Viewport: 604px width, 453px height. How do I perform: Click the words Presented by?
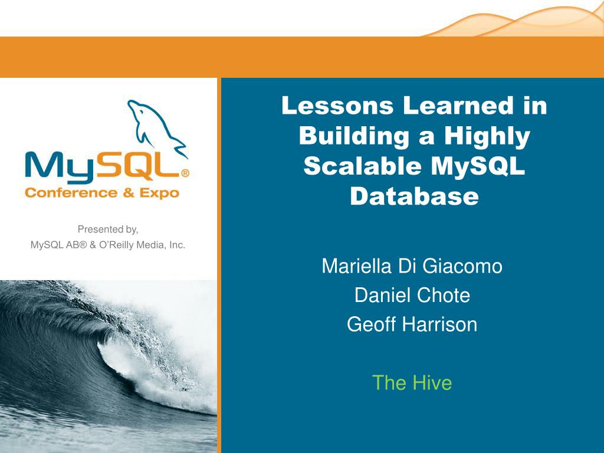coord(108,229)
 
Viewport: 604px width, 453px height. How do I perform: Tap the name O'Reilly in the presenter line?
coord(129,245)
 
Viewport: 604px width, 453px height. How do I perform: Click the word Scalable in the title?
coord(362,166)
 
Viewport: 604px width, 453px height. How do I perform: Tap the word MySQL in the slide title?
coord(478,166)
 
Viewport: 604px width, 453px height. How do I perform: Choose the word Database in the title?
coord(414,196)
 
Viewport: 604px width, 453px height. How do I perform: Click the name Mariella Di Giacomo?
coord(412,267)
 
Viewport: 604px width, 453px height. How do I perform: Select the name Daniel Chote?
coord(412,295)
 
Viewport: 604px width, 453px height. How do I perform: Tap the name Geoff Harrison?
coord(412,324)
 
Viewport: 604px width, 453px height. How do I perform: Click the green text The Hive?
coord(412,383)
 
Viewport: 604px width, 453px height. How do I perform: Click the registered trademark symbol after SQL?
coord(185,174)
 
